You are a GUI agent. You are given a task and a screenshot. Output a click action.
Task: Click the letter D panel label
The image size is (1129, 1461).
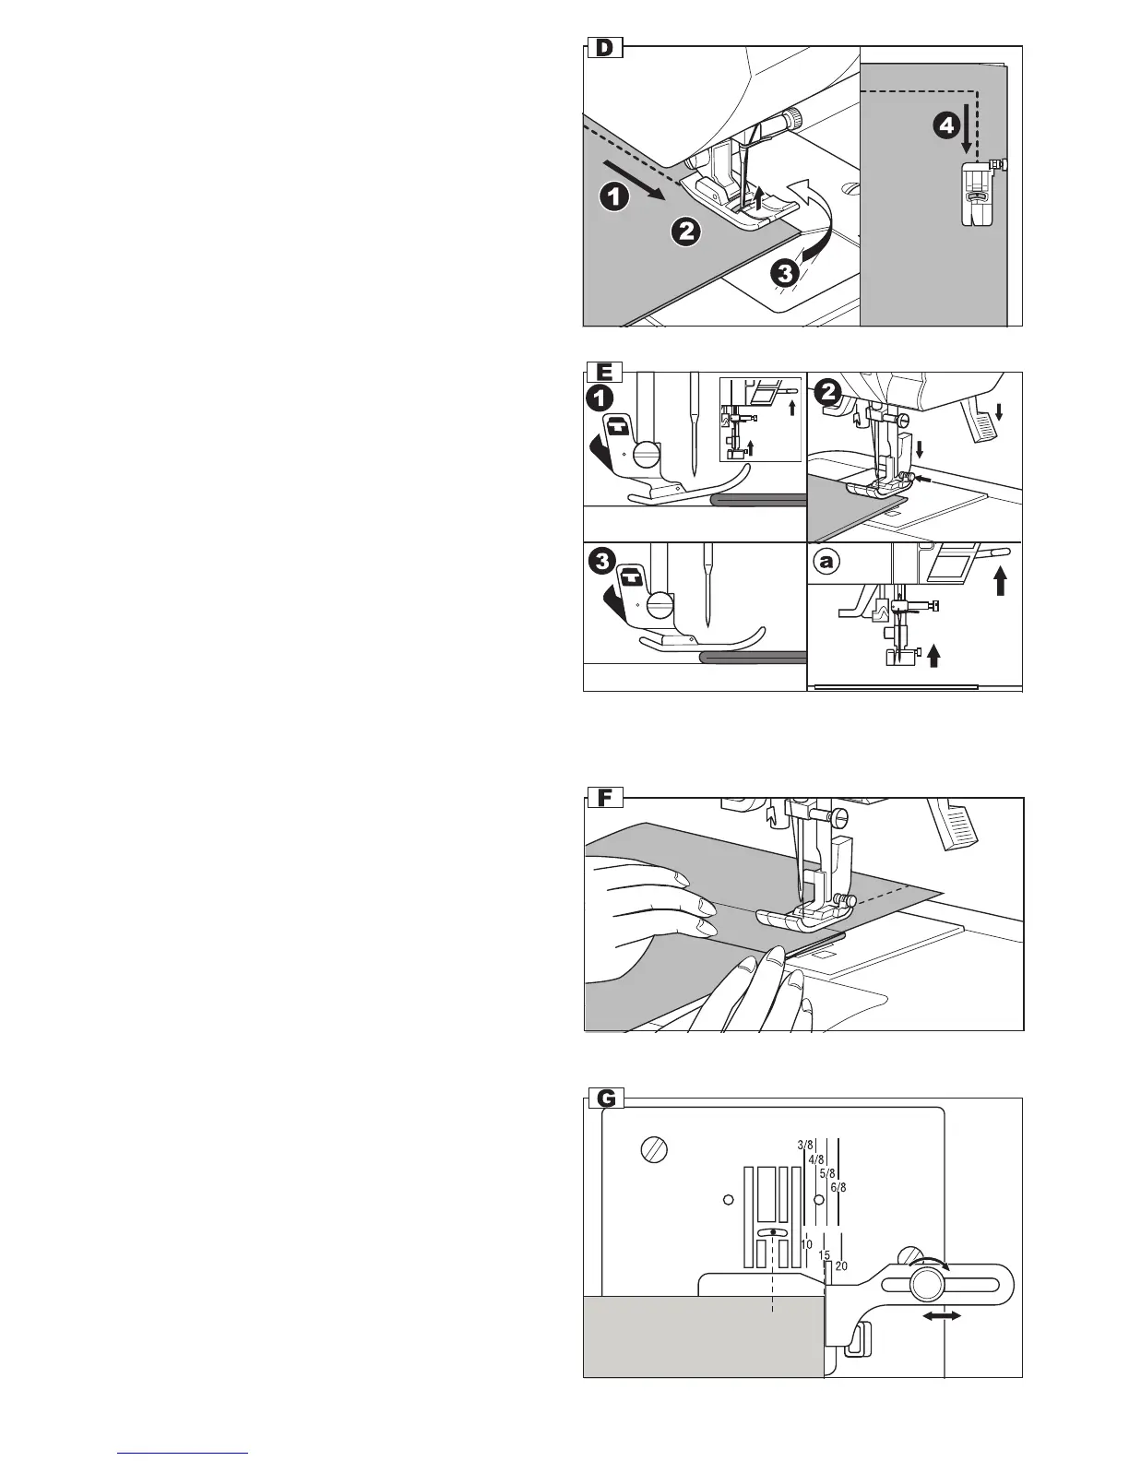[605, 48]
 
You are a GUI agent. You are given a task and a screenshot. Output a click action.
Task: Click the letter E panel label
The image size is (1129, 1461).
[605, 374]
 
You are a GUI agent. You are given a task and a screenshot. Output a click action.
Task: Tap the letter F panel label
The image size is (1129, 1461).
[605, 798]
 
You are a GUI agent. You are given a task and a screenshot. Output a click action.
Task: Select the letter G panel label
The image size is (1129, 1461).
[606, 1099]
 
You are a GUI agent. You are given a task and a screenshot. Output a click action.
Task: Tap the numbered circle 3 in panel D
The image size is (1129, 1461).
[785, 273]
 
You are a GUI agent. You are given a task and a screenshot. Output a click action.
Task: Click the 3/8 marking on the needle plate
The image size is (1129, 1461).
[804, 1146]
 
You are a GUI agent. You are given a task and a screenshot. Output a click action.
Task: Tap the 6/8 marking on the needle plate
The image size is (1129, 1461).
[838, 1188]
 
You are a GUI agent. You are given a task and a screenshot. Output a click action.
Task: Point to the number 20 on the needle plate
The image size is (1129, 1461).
[841, 1266]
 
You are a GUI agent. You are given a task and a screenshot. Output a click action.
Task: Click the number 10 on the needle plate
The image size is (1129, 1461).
[806, 1245]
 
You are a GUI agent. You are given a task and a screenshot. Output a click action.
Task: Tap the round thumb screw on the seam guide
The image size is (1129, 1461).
[927, 1285]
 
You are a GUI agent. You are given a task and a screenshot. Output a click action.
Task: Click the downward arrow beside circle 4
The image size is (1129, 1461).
[966, 135]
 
